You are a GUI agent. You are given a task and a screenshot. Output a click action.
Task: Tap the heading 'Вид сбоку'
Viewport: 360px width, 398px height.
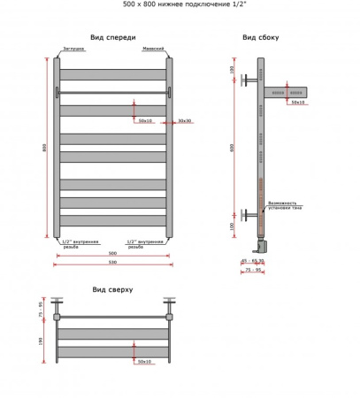click(x=262, y=37)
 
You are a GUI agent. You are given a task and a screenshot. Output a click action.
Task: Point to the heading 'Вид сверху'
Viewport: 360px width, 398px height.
click(x=112, y=289)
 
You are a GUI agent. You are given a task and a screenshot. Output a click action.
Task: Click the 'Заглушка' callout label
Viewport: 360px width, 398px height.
click(x=74, y=50)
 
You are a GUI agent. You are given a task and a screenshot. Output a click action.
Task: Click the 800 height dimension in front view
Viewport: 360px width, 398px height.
click(x=43, y=148)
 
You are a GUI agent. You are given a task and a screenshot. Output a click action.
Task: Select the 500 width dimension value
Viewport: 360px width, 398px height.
click(x=113, y=252)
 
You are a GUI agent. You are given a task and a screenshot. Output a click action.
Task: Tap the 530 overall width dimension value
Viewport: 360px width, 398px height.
click(x=113, y=263)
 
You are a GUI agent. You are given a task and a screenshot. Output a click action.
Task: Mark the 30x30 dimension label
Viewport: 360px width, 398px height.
click(x=184, y=120)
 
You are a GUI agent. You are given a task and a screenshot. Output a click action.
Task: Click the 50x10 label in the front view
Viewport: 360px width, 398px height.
click(x=145, y=120)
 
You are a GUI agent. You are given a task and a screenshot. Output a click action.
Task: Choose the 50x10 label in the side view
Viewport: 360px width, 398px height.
click(x=297, y=103)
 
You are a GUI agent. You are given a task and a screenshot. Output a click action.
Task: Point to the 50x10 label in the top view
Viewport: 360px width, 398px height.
click(x=144, y=361)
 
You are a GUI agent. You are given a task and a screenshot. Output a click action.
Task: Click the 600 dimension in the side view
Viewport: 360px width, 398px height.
click(x=233, y=148)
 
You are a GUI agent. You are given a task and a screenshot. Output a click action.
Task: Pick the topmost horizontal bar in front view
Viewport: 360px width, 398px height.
click(x=113, y=74)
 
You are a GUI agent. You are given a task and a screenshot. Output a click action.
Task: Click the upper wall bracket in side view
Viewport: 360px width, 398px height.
click(x=247, y=80)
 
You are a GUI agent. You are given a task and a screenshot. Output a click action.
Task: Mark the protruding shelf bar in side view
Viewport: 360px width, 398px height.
click(x=287, y=91)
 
